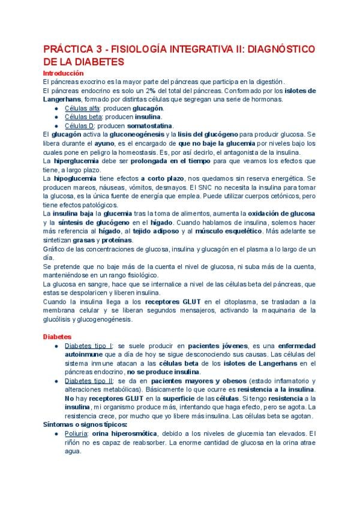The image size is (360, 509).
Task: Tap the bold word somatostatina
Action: (149, 126)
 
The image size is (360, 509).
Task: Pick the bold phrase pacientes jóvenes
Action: (216, 347)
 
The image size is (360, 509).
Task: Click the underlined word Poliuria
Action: (80, 433)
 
